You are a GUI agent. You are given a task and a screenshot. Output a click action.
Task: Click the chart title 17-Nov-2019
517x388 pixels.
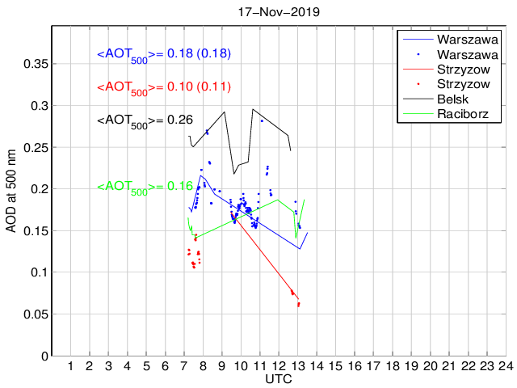click(x=279, y=12)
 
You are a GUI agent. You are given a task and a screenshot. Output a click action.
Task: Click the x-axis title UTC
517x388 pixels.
click(x=279, y=379)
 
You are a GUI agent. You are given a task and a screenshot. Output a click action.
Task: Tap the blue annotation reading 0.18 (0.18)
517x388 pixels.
click(x=165, y=54)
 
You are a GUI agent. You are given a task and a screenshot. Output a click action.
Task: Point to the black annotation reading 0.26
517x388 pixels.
click(x=145, y=120)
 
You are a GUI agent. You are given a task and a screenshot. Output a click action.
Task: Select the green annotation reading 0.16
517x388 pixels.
click(x=145, y=187)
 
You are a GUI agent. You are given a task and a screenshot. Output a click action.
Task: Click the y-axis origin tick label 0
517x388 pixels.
click(x=45, y=356)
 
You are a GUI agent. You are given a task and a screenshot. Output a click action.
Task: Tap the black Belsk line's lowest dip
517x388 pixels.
click(x=234, y=174)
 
